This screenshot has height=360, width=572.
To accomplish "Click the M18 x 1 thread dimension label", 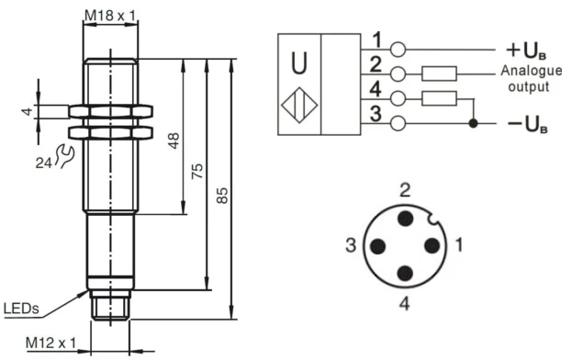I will (112, 16).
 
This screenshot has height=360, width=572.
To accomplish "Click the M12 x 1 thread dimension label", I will (50, 343).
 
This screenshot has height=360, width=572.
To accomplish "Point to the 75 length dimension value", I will (197, 171).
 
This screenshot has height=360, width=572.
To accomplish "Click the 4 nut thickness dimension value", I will (28, 111).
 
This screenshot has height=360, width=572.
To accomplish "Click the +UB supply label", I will (526, 49).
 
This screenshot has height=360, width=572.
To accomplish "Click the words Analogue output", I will (525, 79).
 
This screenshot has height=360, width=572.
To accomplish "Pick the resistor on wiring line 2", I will (441, 73).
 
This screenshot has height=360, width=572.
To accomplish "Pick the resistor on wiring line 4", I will (441, 97).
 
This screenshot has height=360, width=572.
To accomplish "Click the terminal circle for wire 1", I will (397, 49).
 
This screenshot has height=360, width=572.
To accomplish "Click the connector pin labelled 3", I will (376, 246).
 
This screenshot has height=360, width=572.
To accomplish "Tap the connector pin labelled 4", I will (404, 273).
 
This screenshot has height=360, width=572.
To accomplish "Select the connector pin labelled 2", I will (404, 219).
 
